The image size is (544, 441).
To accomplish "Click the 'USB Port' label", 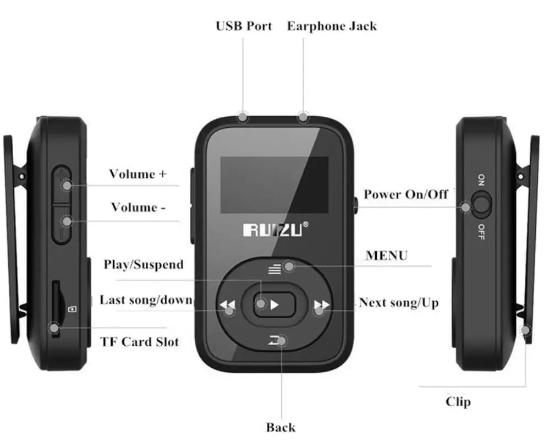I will pyautogui.click(x=244, y=26).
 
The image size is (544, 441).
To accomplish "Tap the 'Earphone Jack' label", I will pyautogui.click(x=332, y=26).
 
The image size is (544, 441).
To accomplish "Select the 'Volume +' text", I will pyautogui.click(x=138, y=174).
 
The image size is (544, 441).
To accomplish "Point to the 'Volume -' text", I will pyautogui.click(x=138, y=207).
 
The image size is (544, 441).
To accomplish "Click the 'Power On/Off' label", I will pyautogui.click(x=406, y=194).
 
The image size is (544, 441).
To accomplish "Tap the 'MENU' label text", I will pyautogui.click(x=387, y=255).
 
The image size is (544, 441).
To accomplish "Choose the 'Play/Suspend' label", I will pyautogui.click(x=144, y=264).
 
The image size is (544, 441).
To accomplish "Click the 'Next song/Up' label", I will pyautogui.click(x=399, y=302).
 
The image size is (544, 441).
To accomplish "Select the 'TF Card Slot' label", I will pyautogui.click(x=140, y=341).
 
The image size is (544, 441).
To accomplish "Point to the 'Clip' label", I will pyautogui.click(x=458, y=401).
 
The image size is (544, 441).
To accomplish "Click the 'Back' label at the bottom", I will pyautogui.click(x=281, y=427).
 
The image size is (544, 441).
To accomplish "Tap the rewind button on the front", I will pyautogui.click(x=228, y=305).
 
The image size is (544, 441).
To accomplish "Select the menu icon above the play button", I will pyautogui.click(x=274, y=269).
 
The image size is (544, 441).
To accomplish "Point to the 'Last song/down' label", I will pyautogui.click(x=146, y=300).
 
